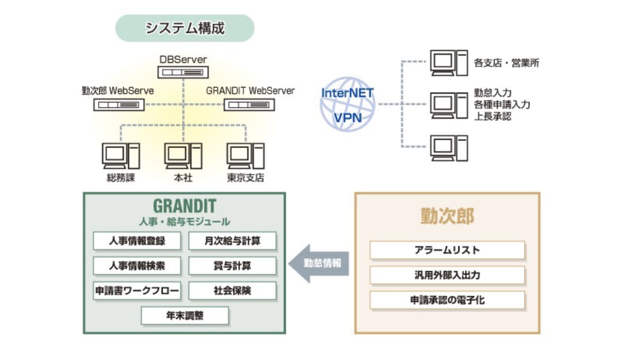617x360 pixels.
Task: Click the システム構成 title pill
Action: pyautogui.click(x=185, y=28)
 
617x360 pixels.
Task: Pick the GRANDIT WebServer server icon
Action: pyautogui.click(x=249, y=105)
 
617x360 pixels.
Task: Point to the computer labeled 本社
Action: pyautogui.click(x=183, y=156)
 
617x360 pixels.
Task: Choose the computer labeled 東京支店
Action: pyautogui.click(x=246, y=156)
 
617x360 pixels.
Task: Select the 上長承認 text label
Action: pyautogui.click(x=492, y=116)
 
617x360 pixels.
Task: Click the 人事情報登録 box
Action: pyautogui.click(x=137, y=241)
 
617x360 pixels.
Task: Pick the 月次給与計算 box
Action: pyautogui.click(x=232, y=241)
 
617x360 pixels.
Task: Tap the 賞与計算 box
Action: pyautogui.click(x=232, y=266)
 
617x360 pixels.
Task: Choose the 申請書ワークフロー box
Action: pyautogui.click(x=137, y=291)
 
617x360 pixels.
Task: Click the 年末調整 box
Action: pyautogui.click(x=185, y=316)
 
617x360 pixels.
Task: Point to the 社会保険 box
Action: pyautogui.click(x=232, y=291)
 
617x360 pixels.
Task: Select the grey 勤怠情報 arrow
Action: pyautogui.click(x=318, y=263)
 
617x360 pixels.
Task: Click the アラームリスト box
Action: pyautogui.click(x=447, y=250)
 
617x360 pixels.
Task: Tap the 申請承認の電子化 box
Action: pyautogui.click(x=447, y=300)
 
